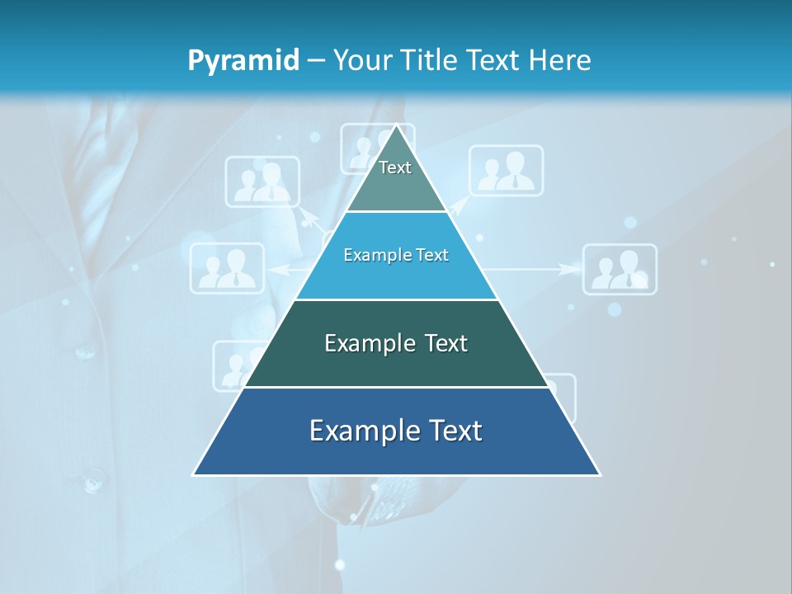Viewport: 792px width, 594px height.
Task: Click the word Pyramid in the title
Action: pos(243,61)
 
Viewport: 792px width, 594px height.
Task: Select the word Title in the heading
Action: pos(432,60)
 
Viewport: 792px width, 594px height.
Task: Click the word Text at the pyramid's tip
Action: pos(395,167)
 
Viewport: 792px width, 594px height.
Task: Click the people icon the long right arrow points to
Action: pos(620,269)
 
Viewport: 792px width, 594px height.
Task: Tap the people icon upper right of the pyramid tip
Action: pos(507,171)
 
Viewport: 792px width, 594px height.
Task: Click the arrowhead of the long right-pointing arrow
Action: pos(569,269)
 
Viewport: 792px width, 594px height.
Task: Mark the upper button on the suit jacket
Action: pos(86,352)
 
